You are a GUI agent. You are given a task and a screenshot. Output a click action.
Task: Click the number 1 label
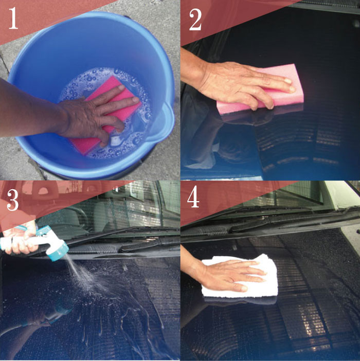13,18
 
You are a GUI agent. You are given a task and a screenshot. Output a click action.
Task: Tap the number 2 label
195,20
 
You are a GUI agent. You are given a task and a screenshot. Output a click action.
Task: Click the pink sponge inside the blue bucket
106,115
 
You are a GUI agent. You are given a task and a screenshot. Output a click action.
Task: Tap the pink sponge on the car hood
261,89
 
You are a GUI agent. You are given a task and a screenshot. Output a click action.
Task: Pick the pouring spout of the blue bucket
164,122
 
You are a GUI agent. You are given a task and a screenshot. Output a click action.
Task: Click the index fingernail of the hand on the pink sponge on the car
287,81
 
